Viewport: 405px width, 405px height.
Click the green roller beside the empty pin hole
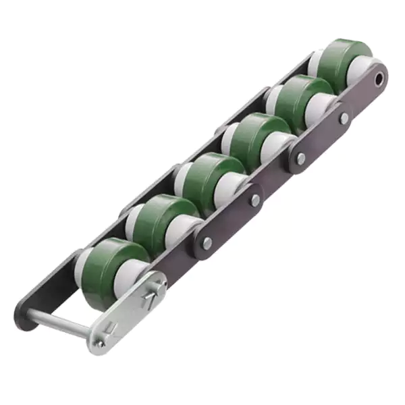(x=342, y=61)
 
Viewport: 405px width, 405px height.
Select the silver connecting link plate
(x=128, y=310)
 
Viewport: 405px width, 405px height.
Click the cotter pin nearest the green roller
(x=153, y=292)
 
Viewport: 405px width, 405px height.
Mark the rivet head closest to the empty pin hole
(x=344, y=117)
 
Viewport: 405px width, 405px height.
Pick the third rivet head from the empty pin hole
(x=255, y=200)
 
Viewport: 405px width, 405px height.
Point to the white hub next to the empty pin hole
(x=362, y=71)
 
